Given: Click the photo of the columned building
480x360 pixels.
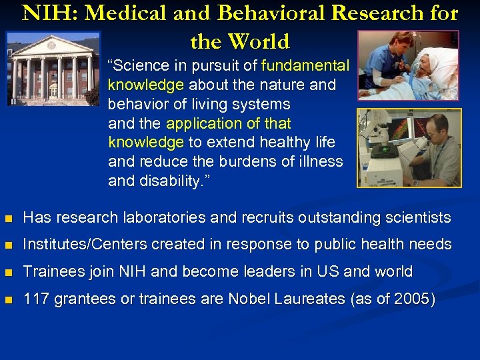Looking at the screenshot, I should coord(53,69).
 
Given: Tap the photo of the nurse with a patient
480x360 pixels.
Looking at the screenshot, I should coord(408,65).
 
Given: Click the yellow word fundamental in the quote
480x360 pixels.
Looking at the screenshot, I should coord(305,65).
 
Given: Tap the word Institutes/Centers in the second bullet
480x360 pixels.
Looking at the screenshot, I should coord(85,245).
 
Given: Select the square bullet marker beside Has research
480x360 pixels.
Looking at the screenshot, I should coord(8,218).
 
